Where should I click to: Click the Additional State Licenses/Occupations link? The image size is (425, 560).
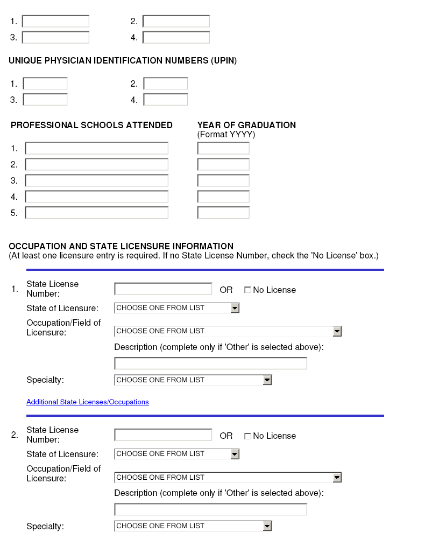[x=88, y=402]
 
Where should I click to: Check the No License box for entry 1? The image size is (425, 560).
[x=247, y=290]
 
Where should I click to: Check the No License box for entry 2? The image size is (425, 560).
[x=247, y=436]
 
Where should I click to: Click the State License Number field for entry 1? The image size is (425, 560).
[x=163, y=289]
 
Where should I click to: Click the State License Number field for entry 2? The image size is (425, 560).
[x=163, y=435]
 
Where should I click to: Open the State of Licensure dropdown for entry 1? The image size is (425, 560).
[x=176, y=308]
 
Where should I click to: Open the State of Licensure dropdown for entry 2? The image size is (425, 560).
[x=176, y=454]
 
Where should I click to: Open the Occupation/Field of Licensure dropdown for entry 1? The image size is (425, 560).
[x=228, y=331]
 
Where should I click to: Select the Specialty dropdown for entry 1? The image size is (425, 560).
[x=193, y=380]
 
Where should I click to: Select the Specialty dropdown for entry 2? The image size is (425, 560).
[x=193, y=526]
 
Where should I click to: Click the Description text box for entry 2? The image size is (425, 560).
[x=210, y=509]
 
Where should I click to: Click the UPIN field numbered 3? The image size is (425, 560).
[x=45, y=100]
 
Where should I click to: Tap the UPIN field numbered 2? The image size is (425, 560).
[x=166, y=84]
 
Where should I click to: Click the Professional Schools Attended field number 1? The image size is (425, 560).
[x=97, y=149]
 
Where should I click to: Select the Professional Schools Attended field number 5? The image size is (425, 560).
[x=97, y=213]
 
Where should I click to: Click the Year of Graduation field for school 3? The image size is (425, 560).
[x=223, y=180]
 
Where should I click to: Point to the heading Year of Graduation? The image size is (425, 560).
[x=246, y=125]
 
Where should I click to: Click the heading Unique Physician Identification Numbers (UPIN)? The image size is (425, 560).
[x=123, y=61]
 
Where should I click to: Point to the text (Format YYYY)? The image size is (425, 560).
[x=226, y=135]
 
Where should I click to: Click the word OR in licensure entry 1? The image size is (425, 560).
[x=226, y=290]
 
